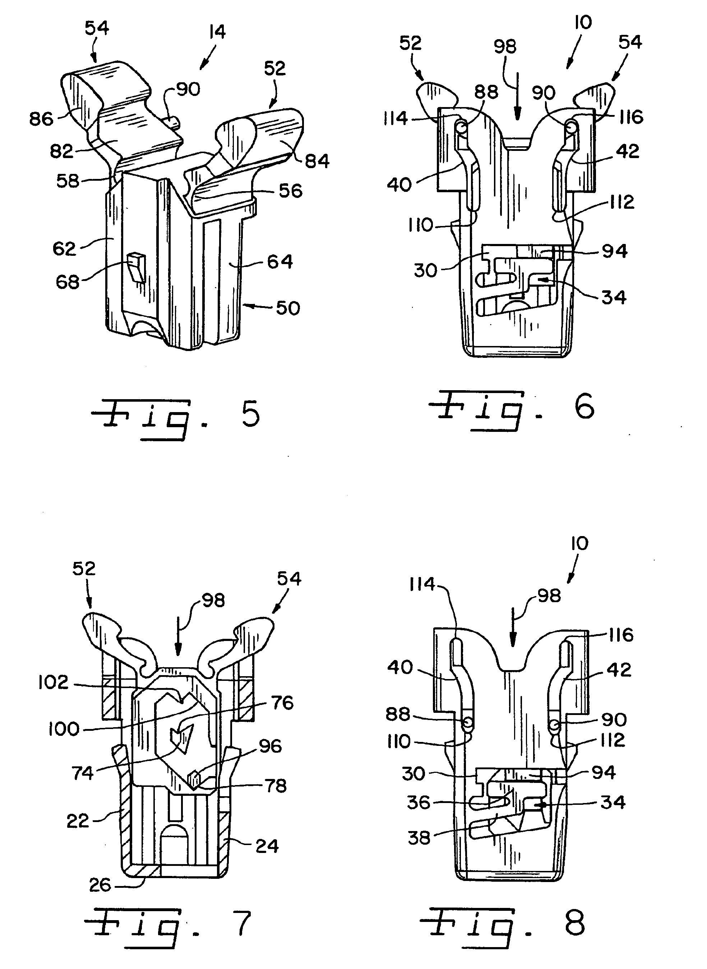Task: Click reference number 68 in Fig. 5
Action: (x=68, y=282)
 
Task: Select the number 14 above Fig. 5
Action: (x=217, y=32)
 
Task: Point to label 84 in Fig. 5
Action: (x=317, y=161)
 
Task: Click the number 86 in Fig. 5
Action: (x=41, y=119)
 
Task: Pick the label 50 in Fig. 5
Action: (x=288, y=308)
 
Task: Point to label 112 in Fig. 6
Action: (x=622, y=202)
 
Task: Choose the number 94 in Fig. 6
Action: (x=615, y=251)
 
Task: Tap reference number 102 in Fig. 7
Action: (x=53, y=682)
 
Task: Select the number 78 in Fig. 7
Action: (x=276, y=785)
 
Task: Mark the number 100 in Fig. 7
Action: (x=64, y=729)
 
